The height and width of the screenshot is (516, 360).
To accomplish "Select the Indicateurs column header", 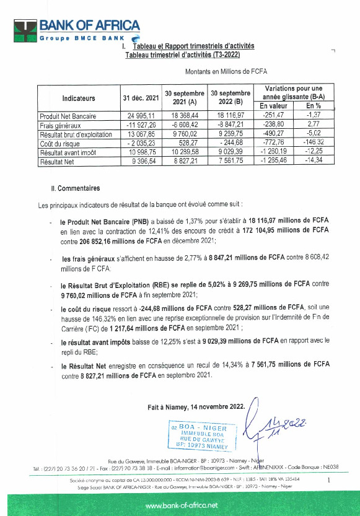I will point(79,98).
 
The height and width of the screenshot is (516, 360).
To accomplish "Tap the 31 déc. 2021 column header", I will point(140,98).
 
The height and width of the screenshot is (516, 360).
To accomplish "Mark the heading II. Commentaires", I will point(75,188).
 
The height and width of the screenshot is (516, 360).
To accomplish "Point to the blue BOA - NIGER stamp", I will point(203,436).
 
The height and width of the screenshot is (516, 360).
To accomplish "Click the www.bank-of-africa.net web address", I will point(181,506).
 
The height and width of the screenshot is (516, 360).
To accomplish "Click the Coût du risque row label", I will point(61,143).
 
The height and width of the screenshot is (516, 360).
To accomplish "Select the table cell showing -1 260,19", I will point(271,152).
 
